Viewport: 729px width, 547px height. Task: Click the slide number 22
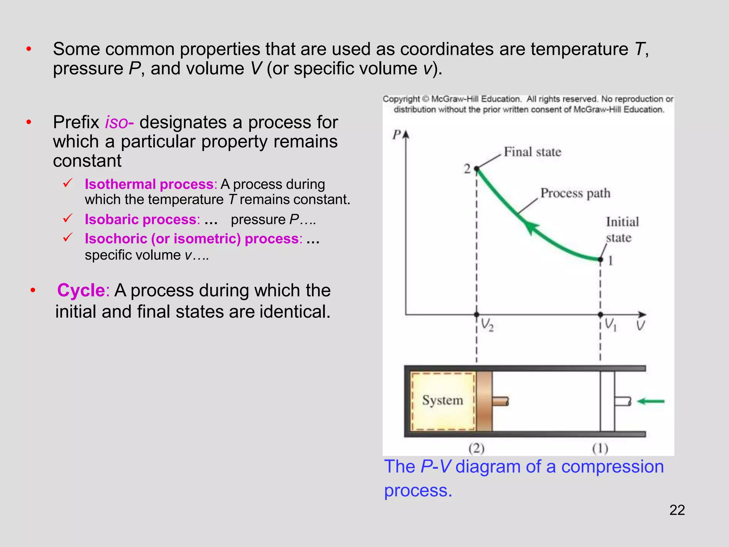click(x=677, y=510)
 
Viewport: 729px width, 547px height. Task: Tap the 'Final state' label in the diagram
click(x=532, y=152)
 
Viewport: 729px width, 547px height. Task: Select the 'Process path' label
click(x=575, y=193)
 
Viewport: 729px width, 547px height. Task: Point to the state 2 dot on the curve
click(x=477, y=169)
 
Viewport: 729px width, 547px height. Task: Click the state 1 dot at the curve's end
click(x=600, y=260)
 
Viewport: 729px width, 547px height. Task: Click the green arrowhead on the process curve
click(x=530, y=227)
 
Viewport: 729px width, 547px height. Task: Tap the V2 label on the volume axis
click(x=487, y=325)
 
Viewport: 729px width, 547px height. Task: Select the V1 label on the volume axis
click(x=610, y=324)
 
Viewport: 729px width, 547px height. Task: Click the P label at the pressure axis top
click(x=396, y=135)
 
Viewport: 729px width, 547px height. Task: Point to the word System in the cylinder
click(x=442, y=400)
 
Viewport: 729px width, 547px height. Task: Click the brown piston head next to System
click(x=484, y=401)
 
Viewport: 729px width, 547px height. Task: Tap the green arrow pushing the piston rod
click(x=650, y=401)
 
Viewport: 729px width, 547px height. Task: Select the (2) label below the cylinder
click(x=476, y=448)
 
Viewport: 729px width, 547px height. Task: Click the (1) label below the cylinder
click(x=600, y=448)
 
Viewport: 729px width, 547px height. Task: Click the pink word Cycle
click(x=81, y=290)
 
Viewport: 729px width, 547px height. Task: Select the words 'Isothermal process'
click(x=149, y=184)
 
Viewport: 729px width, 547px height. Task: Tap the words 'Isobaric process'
click(x=141, y=219)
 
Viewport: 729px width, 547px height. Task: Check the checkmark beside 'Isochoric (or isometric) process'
click(x=68, y=237)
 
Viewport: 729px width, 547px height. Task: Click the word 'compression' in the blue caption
click(x=612, y=467)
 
